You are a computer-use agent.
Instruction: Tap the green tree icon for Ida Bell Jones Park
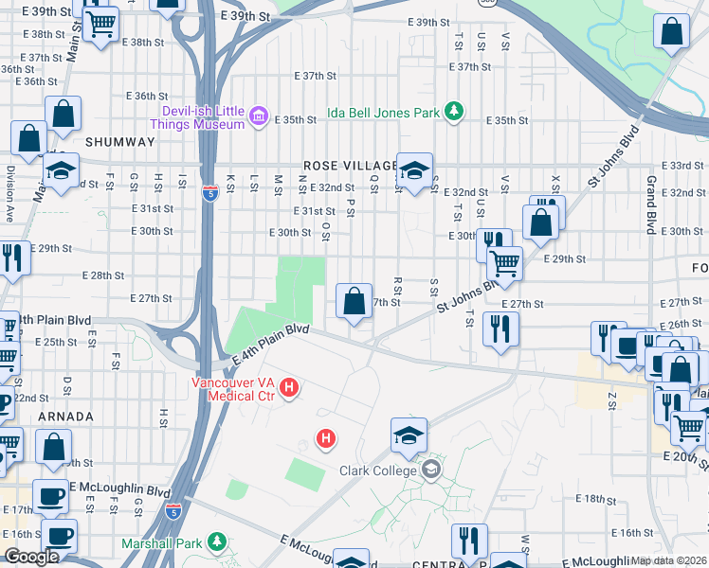pyautogui.click(x=454, y=113)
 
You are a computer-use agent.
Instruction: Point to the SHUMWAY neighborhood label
pyautogui.click(x=119, y=141)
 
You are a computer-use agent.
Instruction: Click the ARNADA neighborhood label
pyautogui.click(x=65, y=417)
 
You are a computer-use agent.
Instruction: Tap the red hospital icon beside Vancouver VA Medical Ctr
pyautogui.click(x=290, y=388)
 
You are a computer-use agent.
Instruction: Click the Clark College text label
pyautogui.click(x=378, y=470)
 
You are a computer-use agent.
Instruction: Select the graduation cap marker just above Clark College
pyautogui.click(x=409, y=435)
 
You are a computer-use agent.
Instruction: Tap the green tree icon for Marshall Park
pyautogui.click(x=218, y=543)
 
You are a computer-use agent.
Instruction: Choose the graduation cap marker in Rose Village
pyautogui.click(x=414, y=169)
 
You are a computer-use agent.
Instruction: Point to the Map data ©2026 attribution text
pyautogui.click(x=668, y=560)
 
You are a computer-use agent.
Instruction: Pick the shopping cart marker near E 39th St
pyautogui.click(x=100, y=23)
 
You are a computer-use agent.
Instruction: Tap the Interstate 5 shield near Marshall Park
pyautogui.click(x=173, y=510)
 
